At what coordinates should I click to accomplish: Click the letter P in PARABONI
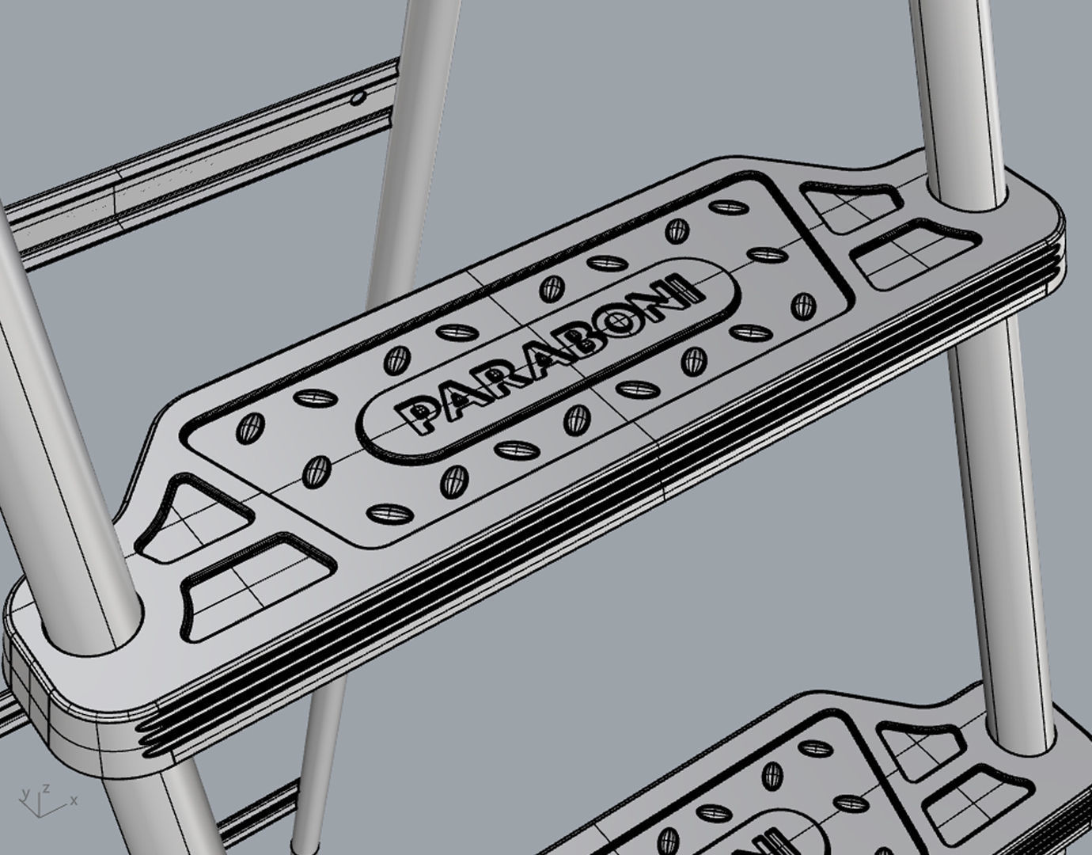click(x=417, y=414)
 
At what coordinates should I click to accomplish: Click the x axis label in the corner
click(x=74, y=801)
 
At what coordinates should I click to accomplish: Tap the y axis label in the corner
click(x=26, y=792)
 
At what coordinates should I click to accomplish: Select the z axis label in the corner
click(x=47, y=788)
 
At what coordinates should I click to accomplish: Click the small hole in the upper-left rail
click(x=359, y=98)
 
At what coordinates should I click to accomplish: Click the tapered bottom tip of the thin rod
click(x=298, y=845)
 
